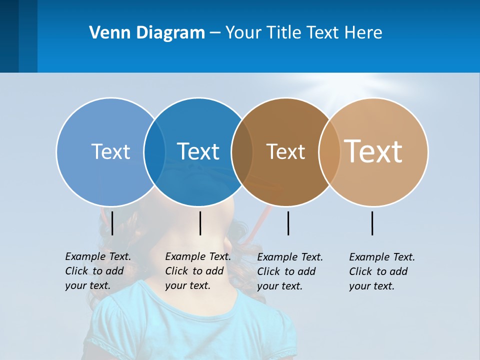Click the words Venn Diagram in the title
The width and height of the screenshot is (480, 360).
pos(147,33)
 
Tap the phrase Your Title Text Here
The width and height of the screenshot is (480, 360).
pos(304,33)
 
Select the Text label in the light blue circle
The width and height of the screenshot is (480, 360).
pos(110,151)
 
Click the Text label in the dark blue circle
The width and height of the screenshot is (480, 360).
pos(198,151)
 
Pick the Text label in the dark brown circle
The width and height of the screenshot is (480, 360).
pos(285,151)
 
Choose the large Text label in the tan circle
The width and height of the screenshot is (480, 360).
pos(373,151)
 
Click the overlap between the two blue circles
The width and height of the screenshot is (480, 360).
pos(154,152)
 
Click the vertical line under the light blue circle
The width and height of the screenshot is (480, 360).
pos(112,223)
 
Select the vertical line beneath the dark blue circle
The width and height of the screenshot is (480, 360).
pos(200,223)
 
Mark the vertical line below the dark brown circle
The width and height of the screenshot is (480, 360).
pos(288,223)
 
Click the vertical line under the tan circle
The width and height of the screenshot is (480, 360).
pos(372,223)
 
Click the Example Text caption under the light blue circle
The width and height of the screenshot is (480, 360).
pos(97,271)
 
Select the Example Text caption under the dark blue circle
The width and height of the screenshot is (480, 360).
pos(197,271)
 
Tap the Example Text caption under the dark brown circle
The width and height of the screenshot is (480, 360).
pos(289,271)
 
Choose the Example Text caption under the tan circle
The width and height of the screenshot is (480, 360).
pos(381,271)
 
